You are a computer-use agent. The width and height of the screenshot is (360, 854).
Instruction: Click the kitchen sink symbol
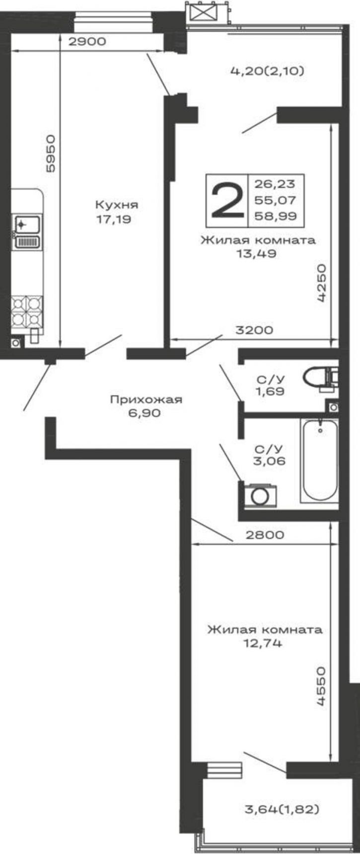click(x=28, y=232)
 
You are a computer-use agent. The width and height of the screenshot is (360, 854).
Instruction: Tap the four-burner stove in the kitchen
click(x=27, y=311)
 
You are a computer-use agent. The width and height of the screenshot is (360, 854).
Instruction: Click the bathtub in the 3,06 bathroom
click(x=319, y=460)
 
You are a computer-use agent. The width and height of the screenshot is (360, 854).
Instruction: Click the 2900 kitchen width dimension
click(x=87, y=42)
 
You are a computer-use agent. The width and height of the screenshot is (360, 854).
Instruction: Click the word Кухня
click(x=117, y=205)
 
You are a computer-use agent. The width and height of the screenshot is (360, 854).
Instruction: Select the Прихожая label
click(x=146, y=399)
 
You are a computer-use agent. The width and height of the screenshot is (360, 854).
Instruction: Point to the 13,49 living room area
click(x=257, y=254)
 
